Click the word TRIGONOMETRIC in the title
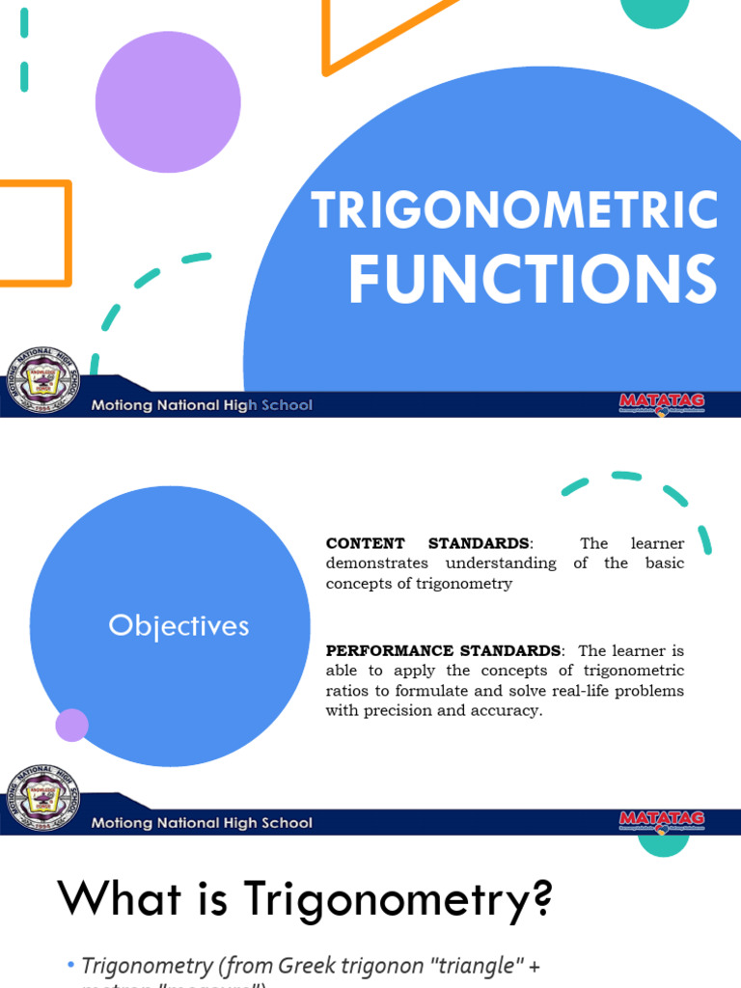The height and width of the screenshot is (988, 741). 514,210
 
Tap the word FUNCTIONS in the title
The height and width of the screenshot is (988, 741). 532,279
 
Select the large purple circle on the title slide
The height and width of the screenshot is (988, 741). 168,101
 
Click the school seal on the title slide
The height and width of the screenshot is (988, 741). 43,380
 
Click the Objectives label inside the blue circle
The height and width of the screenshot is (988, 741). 178,626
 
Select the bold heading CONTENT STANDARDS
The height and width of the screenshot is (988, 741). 427,544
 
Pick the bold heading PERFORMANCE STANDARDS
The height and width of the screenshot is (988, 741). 443,651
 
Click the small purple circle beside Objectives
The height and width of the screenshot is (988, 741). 72,725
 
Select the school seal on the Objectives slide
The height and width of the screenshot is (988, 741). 43,798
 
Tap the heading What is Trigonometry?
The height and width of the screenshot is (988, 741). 306,899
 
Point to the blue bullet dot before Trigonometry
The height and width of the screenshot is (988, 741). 70,966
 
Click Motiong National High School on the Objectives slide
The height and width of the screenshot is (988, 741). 202,823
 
